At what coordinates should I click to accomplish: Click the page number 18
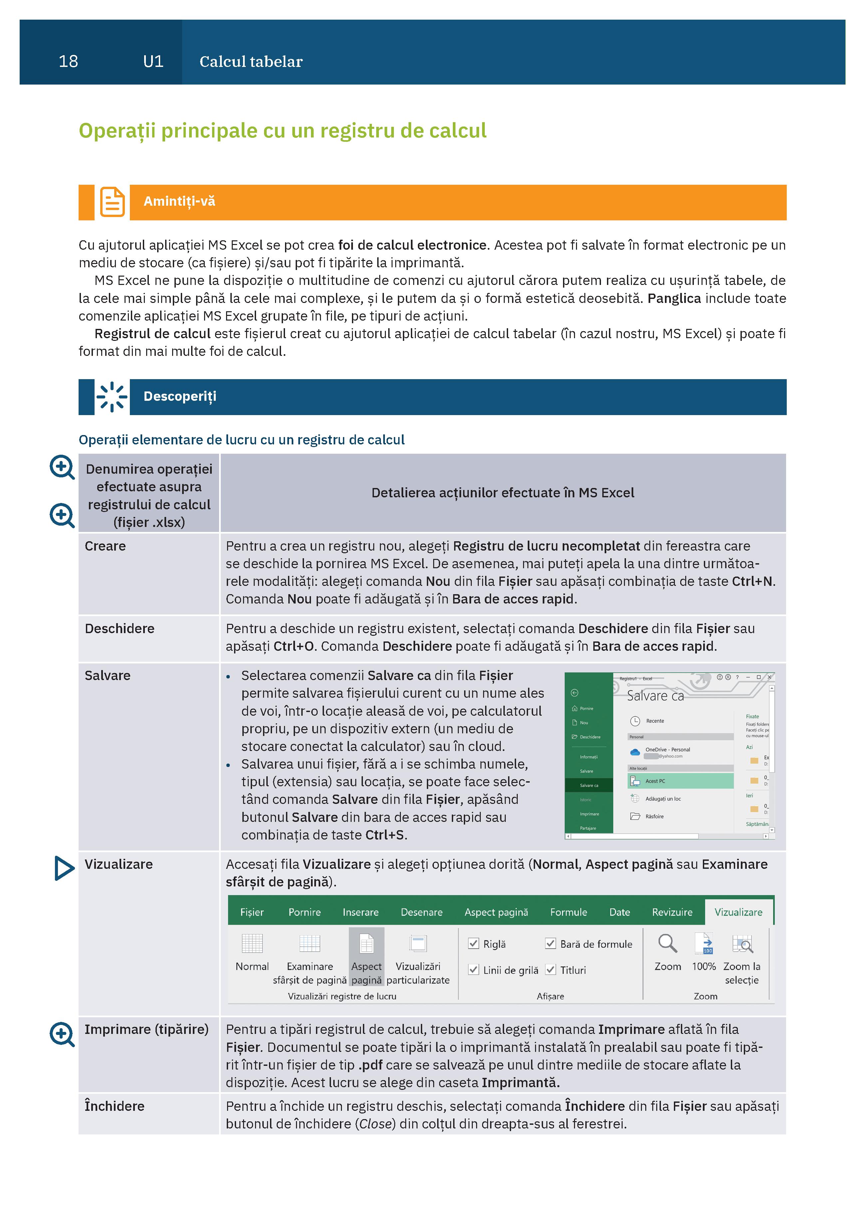pyautogui.click(x=68, y=62)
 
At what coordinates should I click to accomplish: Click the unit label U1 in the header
pyautogui.click(x=153, y=62)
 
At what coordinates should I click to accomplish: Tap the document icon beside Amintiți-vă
pyautogui.click(x=112, y=202)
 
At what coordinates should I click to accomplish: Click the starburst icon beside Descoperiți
pyautogui.click(x=112, y=396)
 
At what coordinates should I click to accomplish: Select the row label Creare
pyautogui.click(x=106, y=546)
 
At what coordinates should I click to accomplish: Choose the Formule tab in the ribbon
pyautogui.click(x=568, y=912)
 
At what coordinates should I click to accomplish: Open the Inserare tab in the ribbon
pyautogui.click(x=360, y=912)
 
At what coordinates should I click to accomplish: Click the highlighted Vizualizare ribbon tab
pyautogui.click(x=738, y=912)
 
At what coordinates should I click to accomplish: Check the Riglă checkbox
pyautogui.click(x=473, y=944)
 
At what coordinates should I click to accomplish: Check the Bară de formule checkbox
pyautogui.click(x=550, y=944)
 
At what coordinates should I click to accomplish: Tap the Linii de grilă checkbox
pyautogui.click(x=473, y=970)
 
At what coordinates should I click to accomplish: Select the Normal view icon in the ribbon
pyautogui.click(x=252, y=944)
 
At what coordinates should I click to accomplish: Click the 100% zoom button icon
pyautogui.click(x=704, y=944)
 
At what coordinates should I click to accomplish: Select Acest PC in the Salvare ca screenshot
pyautogui.click(x=655, y=781)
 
